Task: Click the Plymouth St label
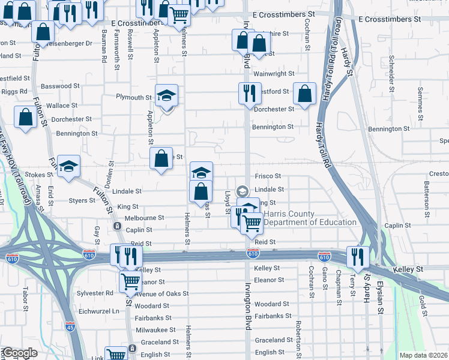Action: click(x=134, y=97)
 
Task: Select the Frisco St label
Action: click(x=268, y=176)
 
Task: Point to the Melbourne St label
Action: click(x=145, y=218)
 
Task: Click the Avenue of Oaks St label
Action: click(x=161, y=294)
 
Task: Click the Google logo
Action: click(x=20, y=353)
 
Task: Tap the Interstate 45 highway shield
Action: click(x=70, y=326)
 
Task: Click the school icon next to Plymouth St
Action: click(x=166, y=95)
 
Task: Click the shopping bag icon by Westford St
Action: click(x=304, y=93)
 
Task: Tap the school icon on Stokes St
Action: click(x=69, y=166)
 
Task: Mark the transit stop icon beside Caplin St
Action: click(x=117, y=227)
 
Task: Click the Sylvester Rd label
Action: click(x=96, y=293)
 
